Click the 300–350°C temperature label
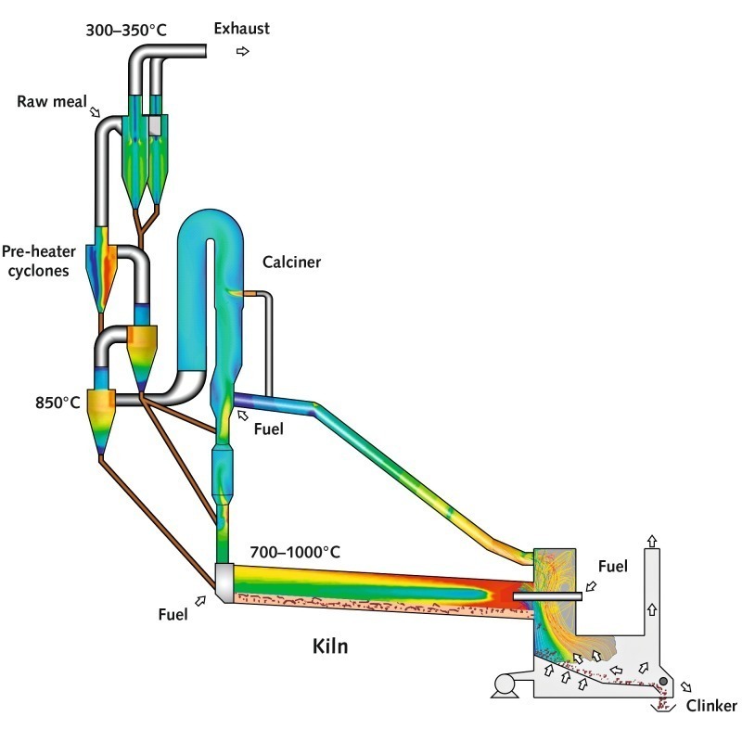(x=126, y=31)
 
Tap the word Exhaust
(x=241, y=29)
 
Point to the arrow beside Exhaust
(x=243, y=51)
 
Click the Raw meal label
(x=52, y=101)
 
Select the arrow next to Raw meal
(x=96, y=111)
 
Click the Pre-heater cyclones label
(x=38, y=261)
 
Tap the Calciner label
(x=291, y=262)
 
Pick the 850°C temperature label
(x=58, y=403)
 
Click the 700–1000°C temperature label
(x=295, y=552)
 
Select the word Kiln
(x=330, y=646)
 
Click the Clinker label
(x=711, y=706)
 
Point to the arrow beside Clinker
(x=685, y=686)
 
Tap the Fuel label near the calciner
(x=268, y=429)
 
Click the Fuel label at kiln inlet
(x=173, y=614)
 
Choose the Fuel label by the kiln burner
(x=613, y=566)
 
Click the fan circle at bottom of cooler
(x=504, y=684)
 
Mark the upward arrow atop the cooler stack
(x=652, y=541)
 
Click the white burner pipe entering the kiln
(x=547, y=596)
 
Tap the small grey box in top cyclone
(x=155, y=126)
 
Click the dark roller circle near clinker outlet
(x=663, y=682)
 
